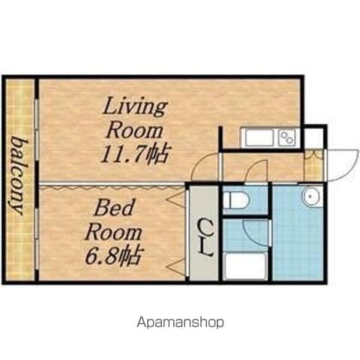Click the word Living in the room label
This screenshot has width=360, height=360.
pyautogui.click(x=135, y=108)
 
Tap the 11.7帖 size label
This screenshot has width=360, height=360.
pyautogui.click(x=133, y=153)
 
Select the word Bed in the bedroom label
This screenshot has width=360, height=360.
pyautogui.click(x=113, y=208)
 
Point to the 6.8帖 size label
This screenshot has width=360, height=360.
pyautogui.click(x=112, y=255)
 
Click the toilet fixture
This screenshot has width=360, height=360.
pyautogui.click(x=236, y=199)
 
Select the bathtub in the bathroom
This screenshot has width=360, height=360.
pyautogui.click(x=245, y=266)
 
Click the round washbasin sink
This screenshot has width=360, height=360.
pyautogui.click(x=310, y=196)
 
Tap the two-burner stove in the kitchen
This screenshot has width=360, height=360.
pyautogui.click(x=287, y=138)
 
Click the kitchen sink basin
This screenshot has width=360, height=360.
pyautogui.click(x=259, y=138)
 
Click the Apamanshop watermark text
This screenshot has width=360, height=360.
pyautogui.click(x=180, y=322)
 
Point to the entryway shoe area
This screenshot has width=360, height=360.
pyautogui.click(x=313, y=165)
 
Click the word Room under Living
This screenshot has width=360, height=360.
pyautogui.click(x=134, y=130)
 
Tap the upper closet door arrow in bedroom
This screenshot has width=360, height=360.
pyautogui.click(x=176, y=199)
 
